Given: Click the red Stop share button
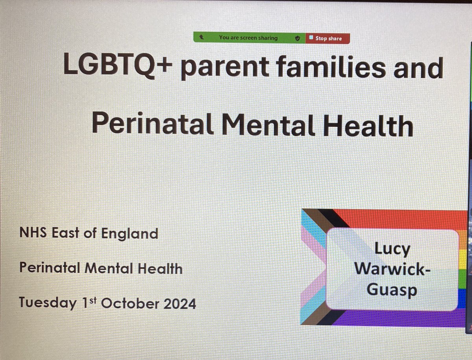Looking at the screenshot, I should click(328, 38).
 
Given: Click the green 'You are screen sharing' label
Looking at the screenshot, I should click(248, 38).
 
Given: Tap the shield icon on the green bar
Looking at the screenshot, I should click(298, 38).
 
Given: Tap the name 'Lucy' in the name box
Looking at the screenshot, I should click(392, 249).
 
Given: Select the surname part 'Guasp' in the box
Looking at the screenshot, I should click(392, 290).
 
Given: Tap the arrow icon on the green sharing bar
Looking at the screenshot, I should click(202, 38).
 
